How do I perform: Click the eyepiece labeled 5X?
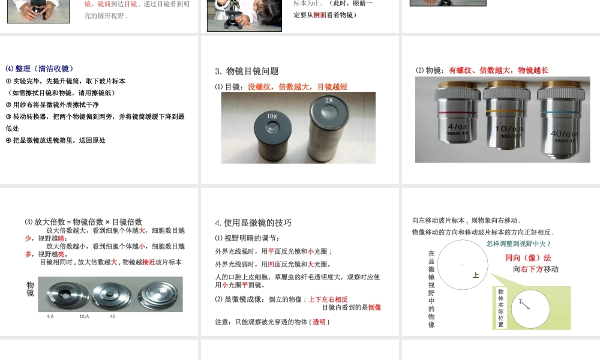329,128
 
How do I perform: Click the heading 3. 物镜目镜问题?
247,71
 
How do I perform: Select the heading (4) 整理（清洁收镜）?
40,68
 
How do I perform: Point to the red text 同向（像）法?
528,258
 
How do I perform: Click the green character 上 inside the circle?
475,275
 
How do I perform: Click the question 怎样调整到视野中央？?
518,244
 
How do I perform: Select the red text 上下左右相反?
328,299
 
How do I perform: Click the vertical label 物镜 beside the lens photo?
30,289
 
